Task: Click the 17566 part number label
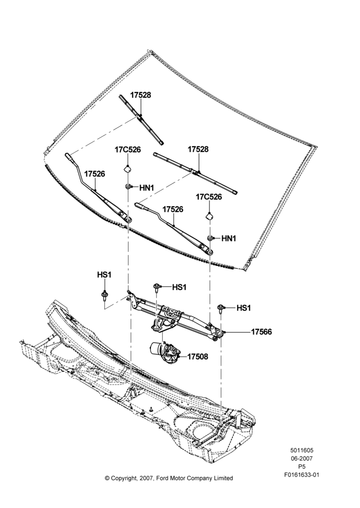261,332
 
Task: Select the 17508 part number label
197,357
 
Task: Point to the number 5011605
302,450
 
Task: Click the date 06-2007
302,458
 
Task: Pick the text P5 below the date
302,466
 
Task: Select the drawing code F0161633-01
302,475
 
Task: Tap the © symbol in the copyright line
107,478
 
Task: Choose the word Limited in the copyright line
223,478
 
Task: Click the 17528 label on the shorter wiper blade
141,95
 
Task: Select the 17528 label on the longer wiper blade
198,149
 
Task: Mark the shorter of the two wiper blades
141,119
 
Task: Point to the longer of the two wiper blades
195,173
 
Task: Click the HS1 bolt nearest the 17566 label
221,308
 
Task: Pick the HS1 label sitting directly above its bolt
104,275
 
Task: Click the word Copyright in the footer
126,479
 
